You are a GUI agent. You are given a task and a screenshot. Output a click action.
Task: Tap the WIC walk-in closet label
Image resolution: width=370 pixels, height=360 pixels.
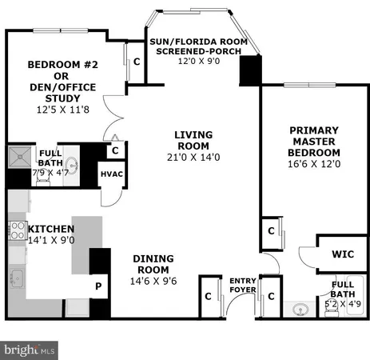342,254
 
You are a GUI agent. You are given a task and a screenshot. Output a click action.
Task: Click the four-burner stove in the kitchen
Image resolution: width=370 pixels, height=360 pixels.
16,230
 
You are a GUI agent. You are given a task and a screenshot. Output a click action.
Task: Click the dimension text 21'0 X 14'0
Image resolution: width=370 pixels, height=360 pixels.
193,158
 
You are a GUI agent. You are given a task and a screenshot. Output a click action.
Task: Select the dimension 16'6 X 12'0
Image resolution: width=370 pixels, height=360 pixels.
315,164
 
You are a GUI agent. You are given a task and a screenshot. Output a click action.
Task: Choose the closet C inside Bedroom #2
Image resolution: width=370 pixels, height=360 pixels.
137,61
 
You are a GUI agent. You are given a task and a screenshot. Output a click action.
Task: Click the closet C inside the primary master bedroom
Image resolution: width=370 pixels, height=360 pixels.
271,231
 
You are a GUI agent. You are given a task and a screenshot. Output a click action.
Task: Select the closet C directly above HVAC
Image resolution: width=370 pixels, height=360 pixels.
115,150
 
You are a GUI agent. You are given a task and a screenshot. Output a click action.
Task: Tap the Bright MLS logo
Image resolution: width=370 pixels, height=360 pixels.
30,350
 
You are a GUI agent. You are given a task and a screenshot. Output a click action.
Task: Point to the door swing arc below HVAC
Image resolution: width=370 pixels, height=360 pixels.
114,194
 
